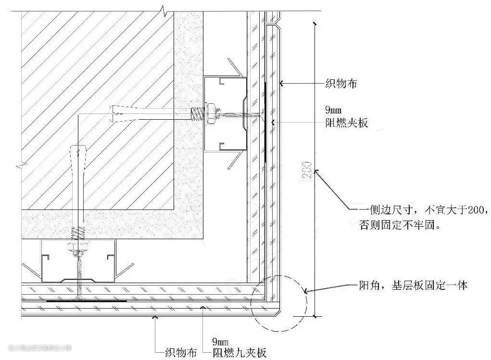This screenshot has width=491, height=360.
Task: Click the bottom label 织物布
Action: pyautogui.click(x=180, y=353)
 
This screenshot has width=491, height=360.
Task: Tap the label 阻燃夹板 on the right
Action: pyautogui.click(x=347, y=123)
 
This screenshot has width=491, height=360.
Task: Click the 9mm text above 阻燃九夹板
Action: pyautogui.click(x=221, y=342)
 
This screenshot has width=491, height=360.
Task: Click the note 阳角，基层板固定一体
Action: pyautogui.click(x=413, y=286)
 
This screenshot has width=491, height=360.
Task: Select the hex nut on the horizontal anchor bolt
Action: pyautogui.click(x=210, y=114)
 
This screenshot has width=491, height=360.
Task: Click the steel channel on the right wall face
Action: pyautogui.click(x=224, y=114)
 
